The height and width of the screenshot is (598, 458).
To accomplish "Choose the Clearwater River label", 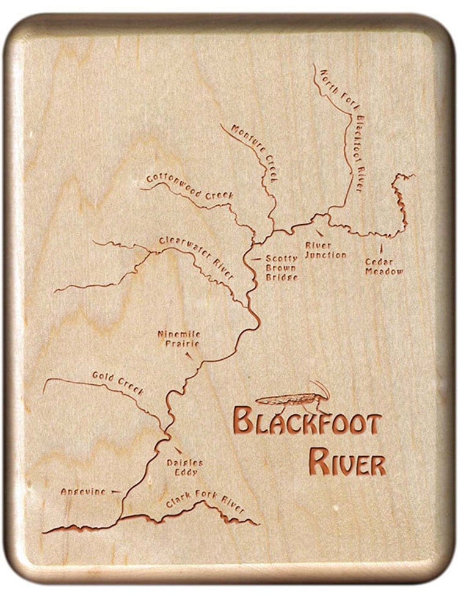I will (x=197, y=257).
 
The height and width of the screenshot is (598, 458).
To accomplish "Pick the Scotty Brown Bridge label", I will (x=282, y=268).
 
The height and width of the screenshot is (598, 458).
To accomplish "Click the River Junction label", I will (x=325, y=250).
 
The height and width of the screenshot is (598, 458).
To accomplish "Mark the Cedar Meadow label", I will (x=384, y=266).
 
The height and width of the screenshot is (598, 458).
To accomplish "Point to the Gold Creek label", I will (x=118, y=383).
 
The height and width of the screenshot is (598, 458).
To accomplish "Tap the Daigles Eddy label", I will (x=184, y=467).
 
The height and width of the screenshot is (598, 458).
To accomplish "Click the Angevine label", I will (x=83, y=491).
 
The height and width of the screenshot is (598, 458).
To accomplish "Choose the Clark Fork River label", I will (x=205, y=503).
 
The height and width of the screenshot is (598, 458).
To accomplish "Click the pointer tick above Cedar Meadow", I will (x=382, y=248).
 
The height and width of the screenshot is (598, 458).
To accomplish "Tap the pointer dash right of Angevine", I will (x=115, y=491).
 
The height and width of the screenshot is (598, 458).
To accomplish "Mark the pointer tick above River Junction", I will (x=319, y=232).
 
